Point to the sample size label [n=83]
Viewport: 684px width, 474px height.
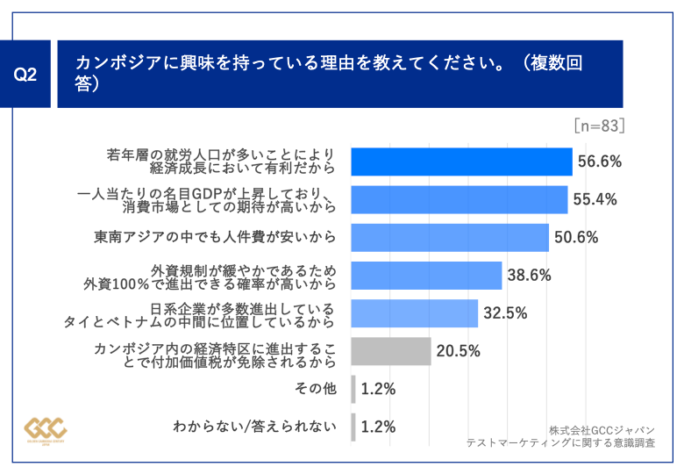[599, 126]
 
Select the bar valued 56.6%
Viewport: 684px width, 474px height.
[461, 162]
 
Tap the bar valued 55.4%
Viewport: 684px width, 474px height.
[459, 199]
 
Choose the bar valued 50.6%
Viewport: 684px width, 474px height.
[449, 237]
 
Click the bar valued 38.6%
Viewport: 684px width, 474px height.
[426, 275]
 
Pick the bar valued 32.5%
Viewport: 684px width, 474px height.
[414, 313]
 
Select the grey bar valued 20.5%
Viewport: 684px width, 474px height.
[390, 351]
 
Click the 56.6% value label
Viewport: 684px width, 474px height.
[599, 162]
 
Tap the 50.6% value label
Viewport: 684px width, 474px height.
[575, 237]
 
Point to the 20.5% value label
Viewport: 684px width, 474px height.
[458, 351]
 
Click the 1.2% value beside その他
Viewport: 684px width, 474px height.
[378, 389]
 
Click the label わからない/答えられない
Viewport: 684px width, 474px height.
[254, 427]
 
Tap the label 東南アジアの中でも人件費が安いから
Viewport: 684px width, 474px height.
[215, 237]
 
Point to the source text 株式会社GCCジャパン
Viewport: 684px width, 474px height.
[602, 430]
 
